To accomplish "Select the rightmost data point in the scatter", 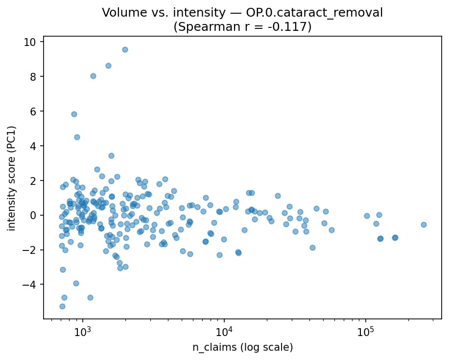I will pos(424,225).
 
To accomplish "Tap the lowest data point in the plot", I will pos(62,306).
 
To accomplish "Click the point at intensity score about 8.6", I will pos(108,66).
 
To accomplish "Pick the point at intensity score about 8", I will pos(93,76).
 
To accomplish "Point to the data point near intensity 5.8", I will pos(74,114).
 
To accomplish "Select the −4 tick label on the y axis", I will pos(33,285).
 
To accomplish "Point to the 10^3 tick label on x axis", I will pos(83,331).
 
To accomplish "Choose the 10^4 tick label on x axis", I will pos(224,331).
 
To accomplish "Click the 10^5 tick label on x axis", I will pos(366,331).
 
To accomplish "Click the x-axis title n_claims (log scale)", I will pos(242,347).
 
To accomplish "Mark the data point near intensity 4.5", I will pos(77,137).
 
